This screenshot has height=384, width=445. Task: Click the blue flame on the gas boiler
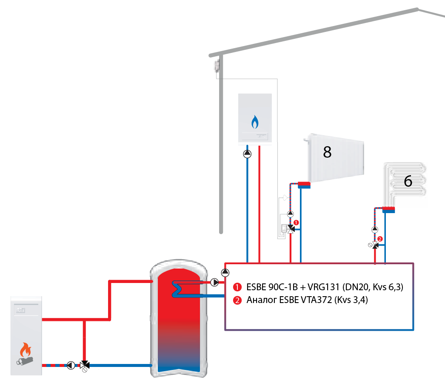tap(255, 122)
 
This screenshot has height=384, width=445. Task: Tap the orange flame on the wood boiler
tap(26, 349)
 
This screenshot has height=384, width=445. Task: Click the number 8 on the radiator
tap(327, 152)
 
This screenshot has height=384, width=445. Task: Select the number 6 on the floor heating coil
tap(408, 181)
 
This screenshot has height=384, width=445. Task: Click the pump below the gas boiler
tap(247, 154)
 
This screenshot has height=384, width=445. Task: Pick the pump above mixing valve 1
tap(290, 214)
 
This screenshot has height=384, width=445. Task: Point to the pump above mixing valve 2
tap(375, 229)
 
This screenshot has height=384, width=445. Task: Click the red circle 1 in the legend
tap(237, 287)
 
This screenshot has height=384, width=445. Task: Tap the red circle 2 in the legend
tap(237, 300)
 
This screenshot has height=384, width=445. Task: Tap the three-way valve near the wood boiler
tap(85, 365)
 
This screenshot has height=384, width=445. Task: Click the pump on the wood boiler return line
tap(71, 365)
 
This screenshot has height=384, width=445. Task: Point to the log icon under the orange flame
tap(25, 361)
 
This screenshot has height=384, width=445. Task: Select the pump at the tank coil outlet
tap(214, 282)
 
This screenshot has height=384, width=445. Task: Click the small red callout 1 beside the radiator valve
tap(296, 222)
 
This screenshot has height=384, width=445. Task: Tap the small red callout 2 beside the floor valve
tap(380, 239)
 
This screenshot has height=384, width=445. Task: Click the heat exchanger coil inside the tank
tap(177, 289)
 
